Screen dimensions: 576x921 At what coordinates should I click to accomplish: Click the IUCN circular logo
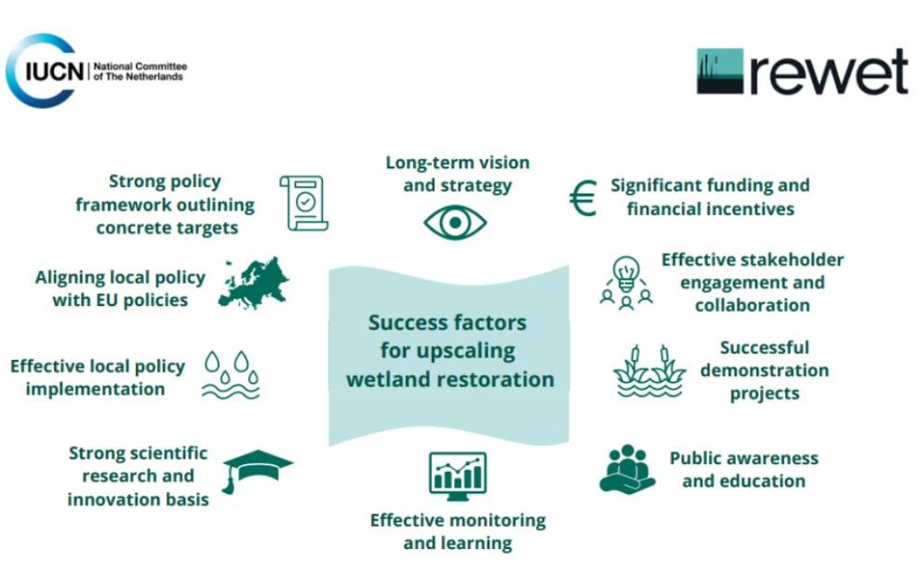coord(42,71)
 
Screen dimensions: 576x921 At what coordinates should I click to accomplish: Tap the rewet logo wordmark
coord(802,72)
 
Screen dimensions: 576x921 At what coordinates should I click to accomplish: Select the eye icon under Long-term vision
coord(455,222)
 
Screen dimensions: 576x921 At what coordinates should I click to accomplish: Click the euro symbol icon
coord(582,197)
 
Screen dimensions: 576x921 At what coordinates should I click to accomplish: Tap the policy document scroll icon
coord(304,203)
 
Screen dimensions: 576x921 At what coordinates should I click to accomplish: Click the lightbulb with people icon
coord(625,282)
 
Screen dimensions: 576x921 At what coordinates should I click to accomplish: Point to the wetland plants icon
coord(649,373)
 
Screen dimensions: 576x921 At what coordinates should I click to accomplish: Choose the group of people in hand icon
coord(626,468)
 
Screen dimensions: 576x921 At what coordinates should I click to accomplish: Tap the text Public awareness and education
coord(743,469)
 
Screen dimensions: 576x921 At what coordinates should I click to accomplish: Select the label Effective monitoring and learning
coord(458,530)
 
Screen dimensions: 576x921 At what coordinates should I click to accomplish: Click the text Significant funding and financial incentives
coord(710,196)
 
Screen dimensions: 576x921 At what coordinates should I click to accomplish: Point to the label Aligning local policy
coord(120,288)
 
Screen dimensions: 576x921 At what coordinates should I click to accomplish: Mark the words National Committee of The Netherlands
coord(140,72)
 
